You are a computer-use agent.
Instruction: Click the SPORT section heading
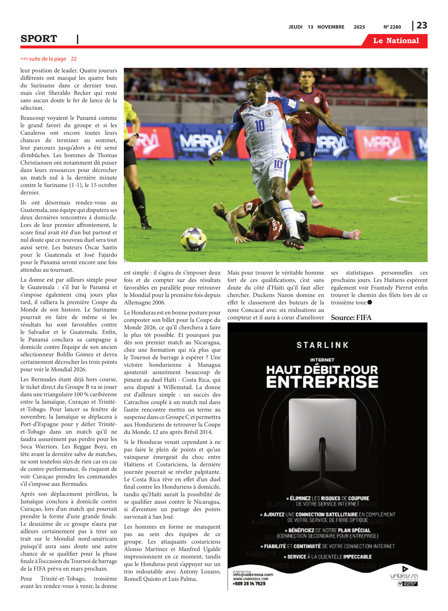point(39,39)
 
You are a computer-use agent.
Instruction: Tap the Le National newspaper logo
point(396,41)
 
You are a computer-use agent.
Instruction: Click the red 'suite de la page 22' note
point(48,59)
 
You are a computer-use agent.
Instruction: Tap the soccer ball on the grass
point(194,239)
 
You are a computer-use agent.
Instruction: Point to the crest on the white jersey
point(269,113)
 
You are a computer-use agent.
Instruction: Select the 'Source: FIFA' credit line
point(351,318)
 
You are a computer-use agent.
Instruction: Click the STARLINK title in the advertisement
point(322,345)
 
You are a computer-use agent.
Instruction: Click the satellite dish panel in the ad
point(322,434)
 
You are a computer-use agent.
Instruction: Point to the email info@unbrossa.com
point(253,574)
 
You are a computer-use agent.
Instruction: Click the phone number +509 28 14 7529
point(249,583)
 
